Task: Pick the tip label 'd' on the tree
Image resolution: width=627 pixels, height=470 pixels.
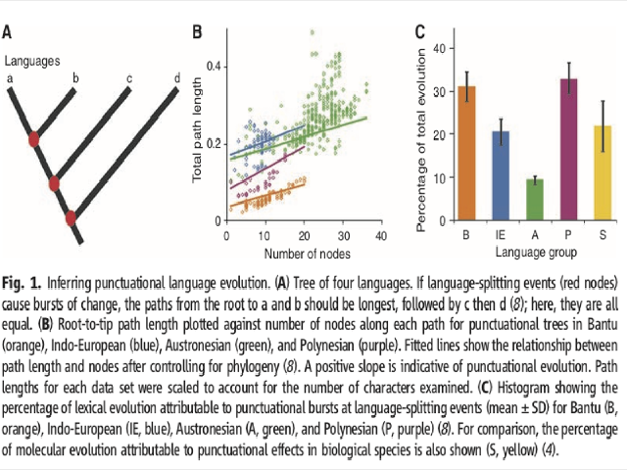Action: [x=176, y=77]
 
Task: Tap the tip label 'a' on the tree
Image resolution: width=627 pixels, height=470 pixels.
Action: [x=10, y=78]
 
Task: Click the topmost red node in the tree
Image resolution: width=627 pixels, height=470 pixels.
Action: [x=34, y=140]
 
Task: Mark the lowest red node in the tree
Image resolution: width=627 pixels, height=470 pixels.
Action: [x=71, y=217]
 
